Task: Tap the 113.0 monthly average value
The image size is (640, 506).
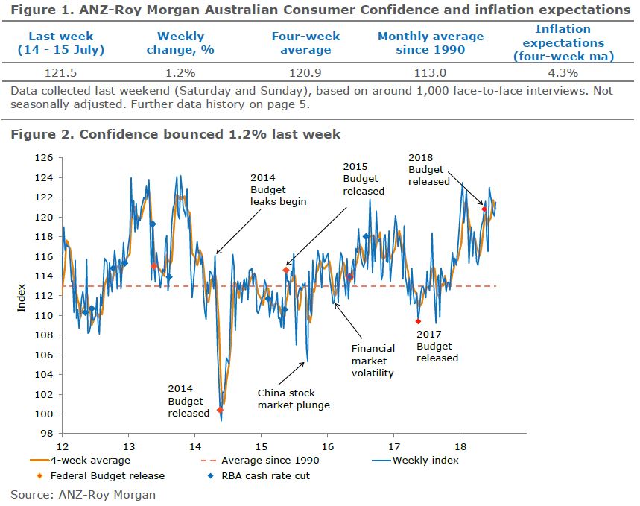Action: [430, 73]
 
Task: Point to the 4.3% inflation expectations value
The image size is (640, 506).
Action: [563, 73]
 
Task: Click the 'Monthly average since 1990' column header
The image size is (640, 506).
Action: [430, 43]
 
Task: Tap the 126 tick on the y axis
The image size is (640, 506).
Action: [45, 158]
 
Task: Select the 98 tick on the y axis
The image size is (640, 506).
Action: [48, 434]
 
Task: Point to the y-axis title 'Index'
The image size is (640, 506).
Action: [22, 297]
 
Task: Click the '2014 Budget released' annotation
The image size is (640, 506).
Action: [188, 401]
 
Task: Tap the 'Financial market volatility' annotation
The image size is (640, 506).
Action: [373, 361]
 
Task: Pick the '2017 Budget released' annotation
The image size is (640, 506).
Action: [437, 347]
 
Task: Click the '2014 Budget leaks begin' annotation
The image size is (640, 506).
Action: [278, 190]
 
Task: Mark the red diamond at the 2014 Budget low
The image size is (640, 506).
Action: [220, 410]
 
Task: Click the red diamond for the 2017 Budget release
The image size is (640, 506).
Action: [418, 321]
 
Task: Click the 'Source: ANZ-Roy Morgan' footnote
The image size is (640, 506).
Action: [83, 493]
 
